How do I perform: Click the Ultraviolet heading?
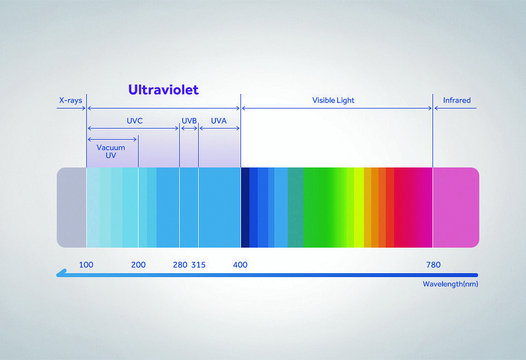tap(164, 90)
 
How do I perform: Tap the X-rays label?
tap(71, 100)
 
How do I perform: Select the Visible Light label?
tap(333, 100)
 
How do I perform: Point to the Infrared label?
tap(456, 100)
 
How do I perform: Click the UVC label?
tap(135, 121)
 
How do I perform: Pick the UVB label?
tap(189, 121)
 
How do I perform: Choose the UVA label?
tap(219, 121)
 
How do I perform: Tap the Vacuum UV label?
tap(111, 151)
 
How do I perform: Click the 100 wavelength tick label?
tap(86, 265)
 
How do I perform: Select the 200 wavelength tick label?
tap(138, 265)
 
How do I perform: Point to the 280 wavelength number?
tap(180, 265)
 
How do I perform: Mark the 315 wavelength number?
tap(198, 265)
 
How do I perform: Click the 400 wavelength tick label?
tap(240, 265)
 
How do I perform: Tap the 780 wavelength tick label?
tap(434, 265)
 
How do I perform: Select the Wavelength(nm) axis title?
tap(450, 284)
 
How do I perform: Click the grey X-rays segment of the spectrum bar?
tap(72, 208)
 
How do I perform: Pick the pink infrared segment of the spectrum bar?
tap(456, 208)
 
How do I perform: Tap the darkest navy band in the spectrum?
tap(245, 208)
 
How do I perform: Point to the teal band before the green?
tap(296, 208)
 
